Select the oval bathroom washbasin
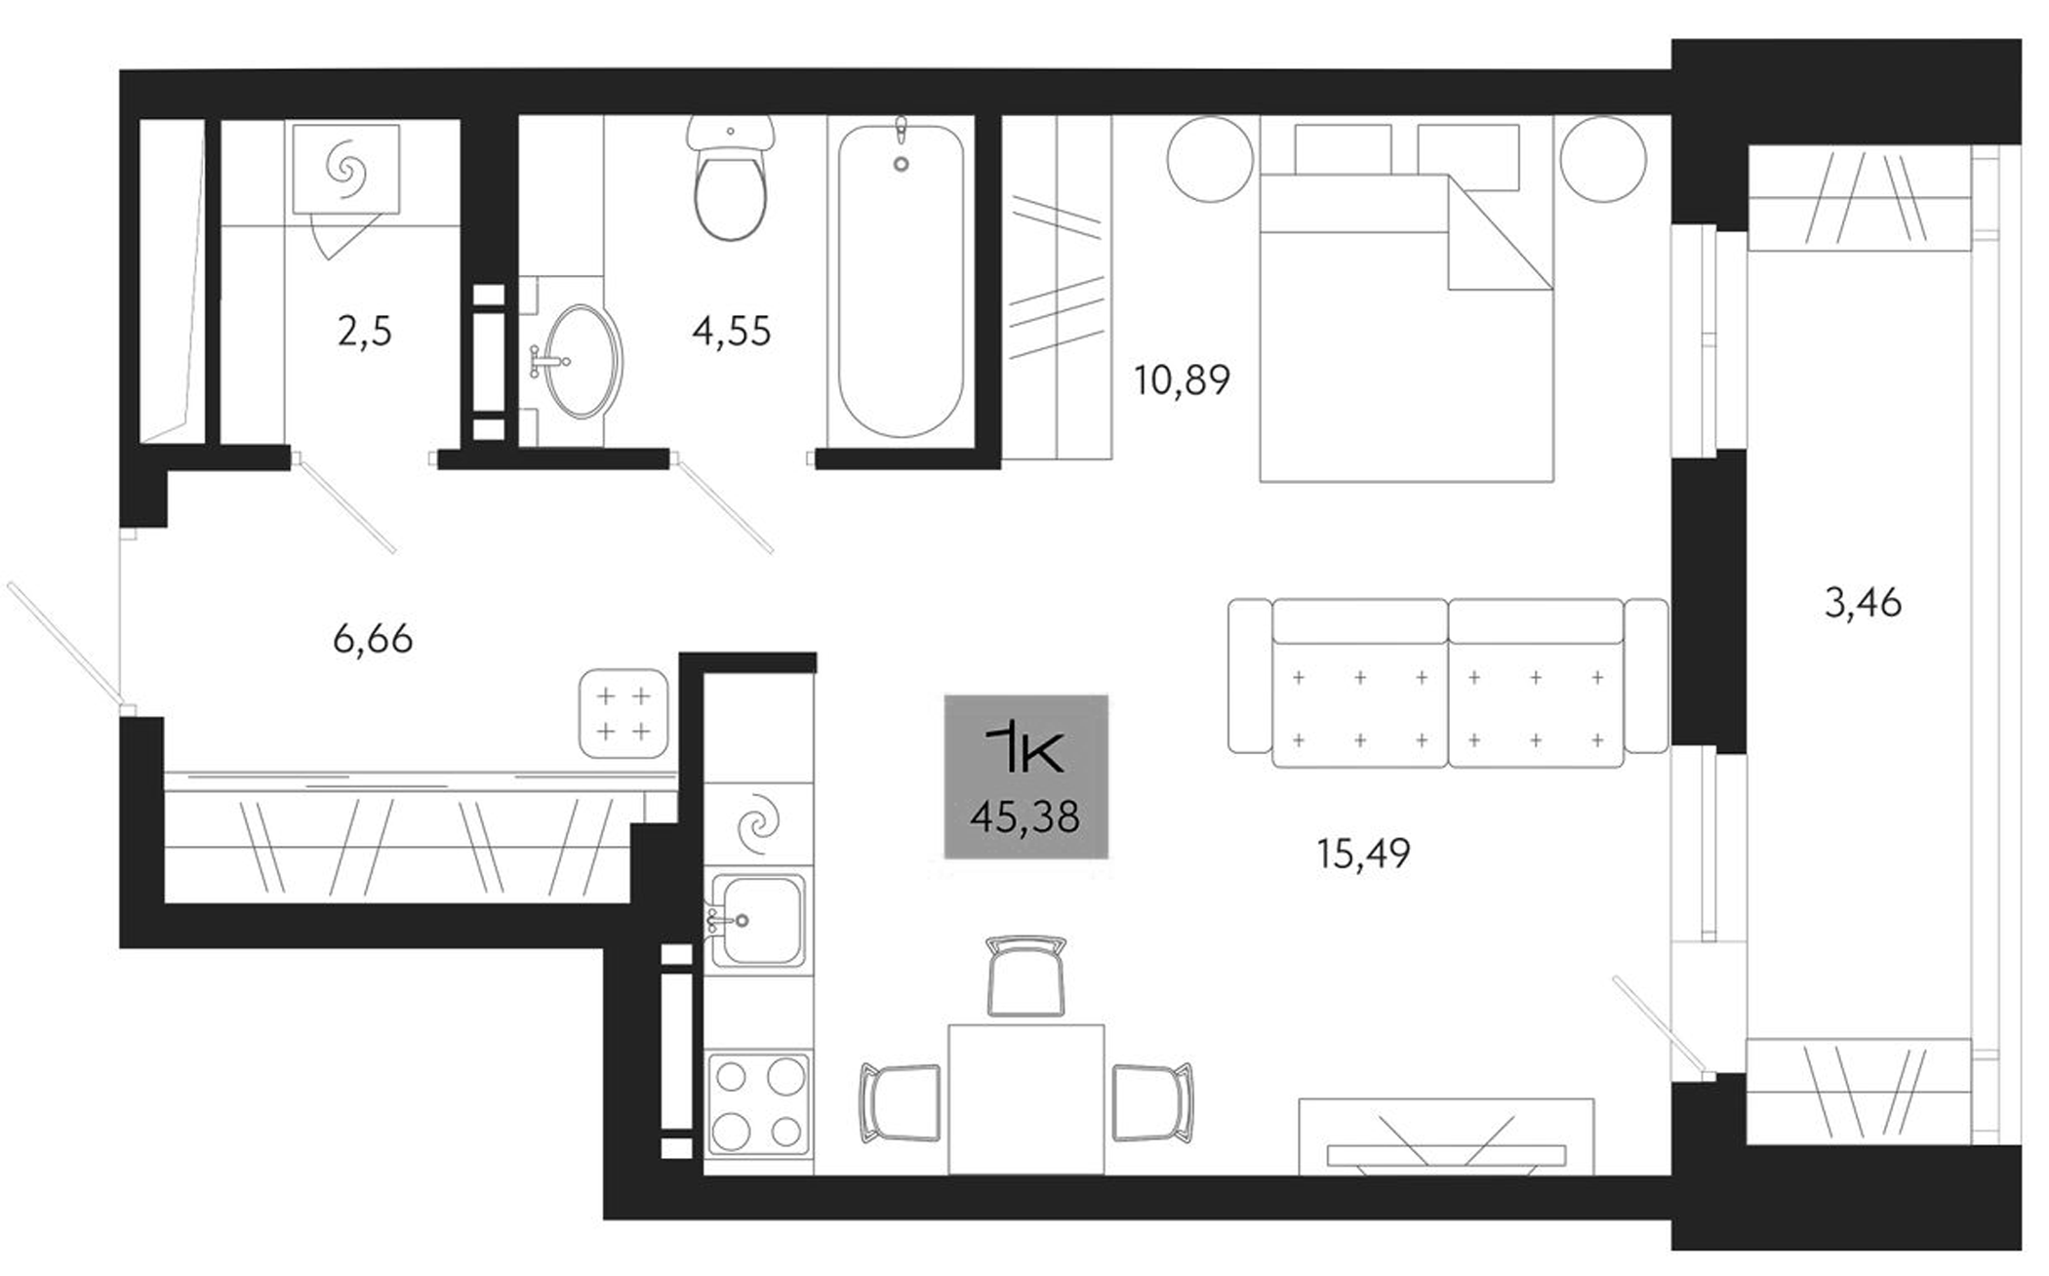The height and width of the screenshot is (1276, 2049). click(x=582, y=361)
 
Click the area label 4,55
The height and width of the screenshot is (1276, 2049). click(x=732, y=332)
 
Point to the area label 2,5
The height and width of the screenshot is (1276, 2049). click(x=365, y=332)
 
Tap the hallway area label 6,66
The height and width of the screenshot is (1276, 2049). click(x=373, y=640)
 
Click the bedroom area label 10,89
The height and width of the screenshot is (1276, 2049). click(x=1182, y=379)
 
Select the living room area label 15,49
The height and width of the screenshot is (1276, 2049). click(x=1363, y=855)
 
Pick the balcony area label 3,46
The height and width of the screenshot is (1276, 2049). click(x=1863, y=604)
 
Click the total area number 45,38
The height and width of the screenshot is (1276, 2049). click(x=1024, y=817)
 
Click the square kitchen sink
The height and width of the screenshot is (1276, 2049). click(x=757, y=920)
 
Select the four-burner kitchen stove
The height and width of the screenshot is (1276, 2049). click(x=758, y=1102)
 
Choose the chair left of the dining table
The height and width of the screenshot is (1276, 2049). click(x=900, y=1101)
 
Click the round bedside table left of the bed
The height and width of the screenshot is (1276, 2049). click(x=1210, y=159)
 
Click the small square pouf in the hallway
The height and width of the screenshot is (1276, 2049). click(x=623, y=713)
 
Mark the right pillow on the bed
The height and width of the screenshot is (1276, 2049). click(x=1467, y=156)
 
